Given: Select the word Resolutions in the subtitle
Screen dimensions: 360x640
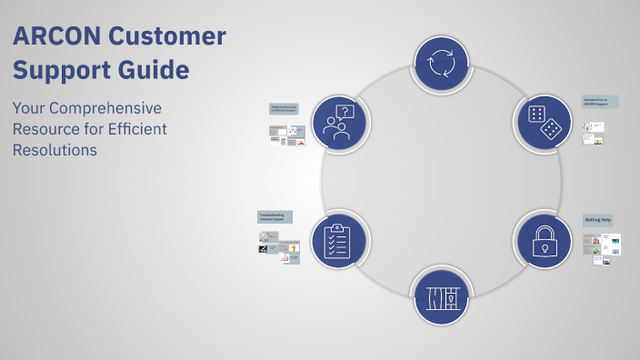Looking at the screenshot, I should tap(55, 151).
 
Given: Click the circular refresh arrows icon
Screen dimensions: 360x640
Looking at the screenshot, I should tap(442, 63).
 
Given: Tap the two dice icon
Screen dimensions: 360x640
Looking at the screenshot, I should tap(545, 122).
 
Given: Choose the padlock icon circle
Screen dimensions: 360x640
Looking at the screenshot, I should tap(545, 239).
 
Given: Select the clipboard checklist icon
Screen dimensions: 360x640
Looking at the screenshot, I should tap(338, 240).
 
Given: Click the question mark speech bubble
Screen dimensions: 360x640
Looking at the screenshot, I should tap(344, 113).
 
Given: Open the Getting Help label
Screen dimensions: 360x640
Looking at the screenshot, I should tap(597, 221).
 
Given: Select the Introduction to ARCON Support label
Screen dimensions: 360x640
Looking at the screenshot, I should tap(600, 102).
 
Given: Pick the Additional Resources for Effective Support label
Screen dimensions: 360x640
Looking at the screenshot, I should tap(285, 108).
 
